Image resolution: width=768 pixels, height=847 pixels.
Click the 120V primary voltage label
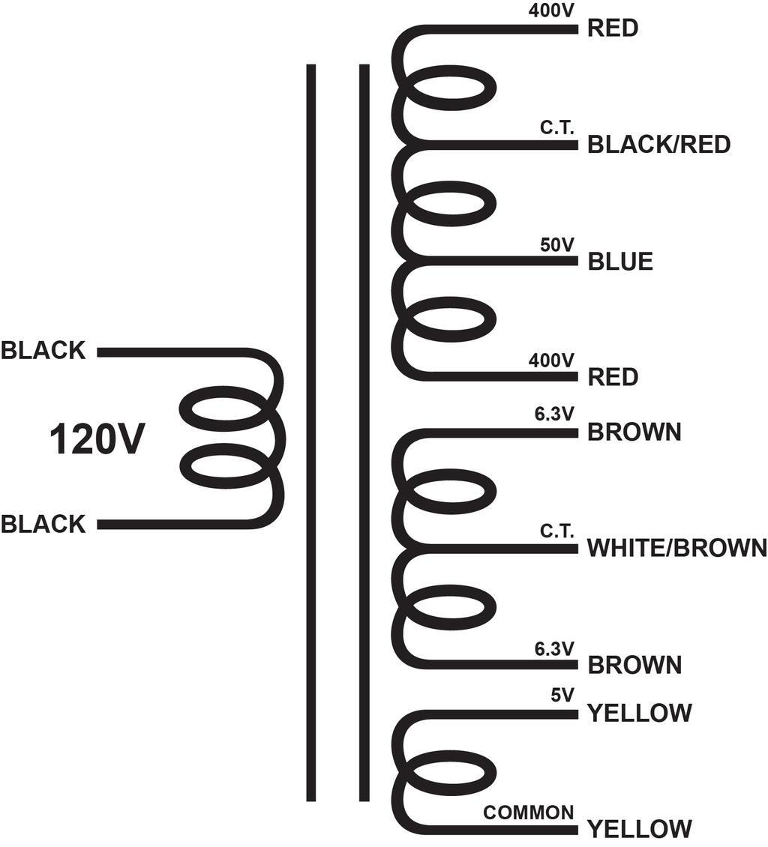pyautogui.click(x=97, y=440)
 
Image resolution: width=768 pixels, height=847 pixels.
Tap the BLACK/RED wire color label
pyautogui.click(x=658, y=145)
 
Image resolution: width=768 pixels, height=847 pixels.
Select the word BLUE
pyautogui.click(x=620, y=262)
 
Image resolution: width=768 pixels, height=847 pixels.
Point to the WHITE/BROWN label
pyautogui.click(x=677, y=548)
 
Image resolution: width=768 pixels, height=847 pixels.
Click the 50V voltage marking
pyautogui.click(x=556, y=244)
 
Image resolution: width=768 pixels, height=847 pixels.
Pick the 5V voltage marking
pyautogui.click(x=562, y=695)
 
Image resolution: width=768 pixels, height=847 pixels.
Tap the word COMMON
pyautogui.click(x=529, y=813)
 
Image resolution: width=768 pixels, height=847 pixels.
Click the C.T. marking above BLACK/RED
pyautogui.click(x=556, y=128)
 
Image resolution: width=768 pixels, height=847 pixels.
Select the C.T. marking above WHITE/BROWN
pyautogui.click(x=556, y=531)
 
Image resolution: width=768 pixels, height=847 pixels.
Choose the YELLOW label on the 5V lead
pyautogui.click(x=639, y=713)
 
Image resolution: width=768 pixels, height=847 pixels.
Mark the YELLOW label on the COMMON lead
pyautogui.click(x=639, y=828)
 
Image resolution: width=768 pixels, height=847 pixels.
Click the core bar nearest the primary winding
pyautogui.click(x=310, y=432)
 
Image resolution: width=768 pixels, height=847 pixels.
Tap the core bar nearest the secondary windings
pyautogui.click(x=364, y=432)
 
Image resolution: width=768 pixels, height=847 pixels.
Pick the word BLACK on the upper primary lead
pyautogui.click(x=43, y=351)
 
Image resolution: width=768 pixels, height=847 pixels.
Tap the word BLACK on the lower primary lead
pyautogui.click(x=43, y=524)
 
